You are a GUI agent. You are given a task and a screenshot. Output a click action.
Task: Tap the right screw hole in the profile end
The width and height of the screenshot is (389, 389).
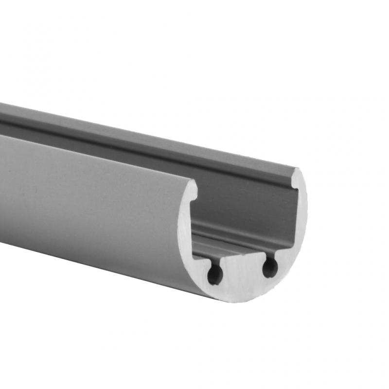coord(270,267)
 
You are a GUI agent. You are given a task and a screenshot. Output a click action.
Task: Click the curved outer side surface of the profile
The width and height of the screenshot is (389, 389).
coord(88,204)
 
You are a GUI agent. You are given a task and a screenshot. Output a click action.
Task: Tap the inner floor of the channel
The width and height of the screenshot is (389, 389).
coord(233,248)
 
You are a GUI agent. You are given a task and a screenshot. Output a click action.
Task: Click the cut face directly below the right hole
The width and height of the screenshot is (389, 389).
coord(272,284)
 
